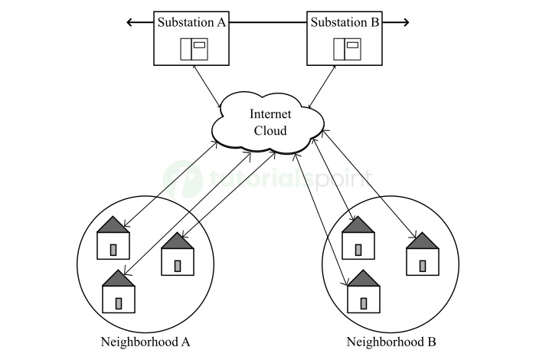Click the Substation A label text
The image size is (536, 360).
coord(191,22)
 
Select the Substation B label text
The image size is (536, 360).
coord(345,22)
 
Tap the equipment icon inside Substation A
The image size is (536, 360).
coord(194,49)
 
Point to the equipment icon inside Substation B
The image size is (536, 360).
coord(346,49)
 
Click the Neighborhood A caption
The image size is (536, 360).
coord(145,342)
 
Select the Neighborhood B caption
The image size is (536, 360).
coord(391,342)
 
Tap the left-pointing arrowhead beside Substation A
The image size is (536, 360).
coord(130,23)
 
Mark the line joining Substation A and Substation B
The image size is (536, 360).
coord(268,23)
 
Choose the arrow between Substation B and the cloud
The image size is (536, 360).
coord(323,87)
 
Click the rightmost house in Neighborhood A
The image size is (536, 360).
coord(178,256)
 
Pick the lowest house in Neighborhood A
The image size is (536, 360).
coord(119,292)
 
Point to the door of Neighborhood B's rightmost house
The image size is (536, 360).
coord(422,265)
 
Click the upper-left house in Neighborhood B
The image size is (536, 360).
coord(358,238)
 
